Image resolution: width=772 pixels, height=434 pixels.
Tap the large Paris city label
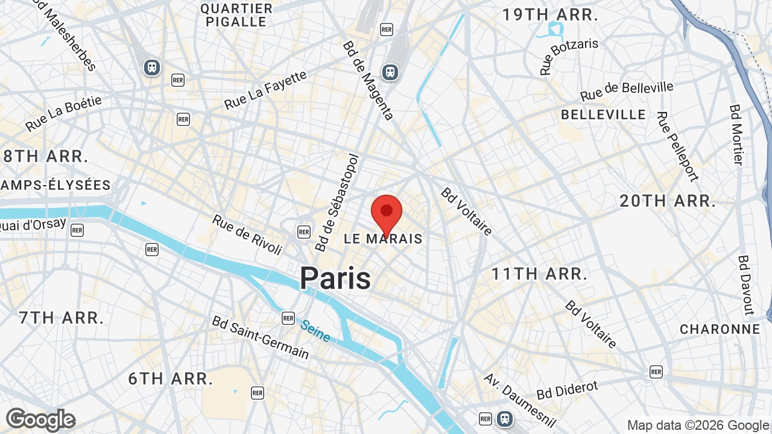pyautogui.click(x=335, y=278)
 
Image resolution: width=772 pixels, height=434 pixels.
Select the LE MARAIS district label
pyautogui.click(x=383, y=239)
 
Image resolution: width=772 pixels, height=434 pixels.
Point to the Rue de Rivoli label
pyautogui.click(x=247, y=234)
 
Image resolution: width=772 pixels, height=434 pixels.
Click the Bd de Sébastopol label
pyautogui.click(x=337, y=203)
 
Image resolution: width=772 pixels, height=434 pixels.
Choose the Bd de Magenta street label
pyautogui.click(x=368, y=80)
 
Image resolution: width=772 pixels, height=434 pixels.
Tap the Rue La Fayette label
pyautogui.click(x=265, y=90)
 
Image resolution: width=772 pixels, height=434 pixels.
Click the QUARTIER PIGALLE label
pyautogui.click(x=236, y=15)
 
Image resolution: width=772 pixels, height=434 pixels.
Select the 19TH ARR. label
pyautogui.click(x=550, y=15)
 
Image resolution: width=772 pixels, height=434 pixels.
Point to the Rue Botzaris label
pyautogui.click(x=569, y=56)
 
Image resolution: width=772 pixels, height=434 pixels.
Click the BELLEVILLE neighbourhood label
pyautogui.click(x=603, y=115)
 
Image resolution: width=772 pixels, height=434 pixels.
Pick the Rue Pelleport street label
pyautogui.click(x=678, y=146)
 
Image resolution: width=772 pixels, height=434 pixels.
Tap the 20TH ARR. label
pyautogui.click(x=668, y=201)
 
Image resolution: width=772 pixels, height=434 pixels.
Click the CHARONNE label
pyautogui.click(x=720, y=329)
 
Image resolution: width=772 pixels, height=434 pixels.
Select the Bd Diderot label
pyautogui.click(x=567, y=389)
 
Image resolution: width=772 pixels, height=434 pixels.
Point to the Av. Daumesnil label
pyautogui.click(x=519, y=400)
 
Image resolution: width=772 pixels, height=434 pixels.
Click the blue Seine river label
pyautogui.click(x=315, y=331)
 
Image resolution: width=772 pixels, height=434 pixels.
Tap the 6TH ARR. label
pyautogui.click(x=171, y=379)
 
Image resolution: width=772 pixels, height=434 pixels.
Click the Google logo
pyautogui.click(x=40, y=420)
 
